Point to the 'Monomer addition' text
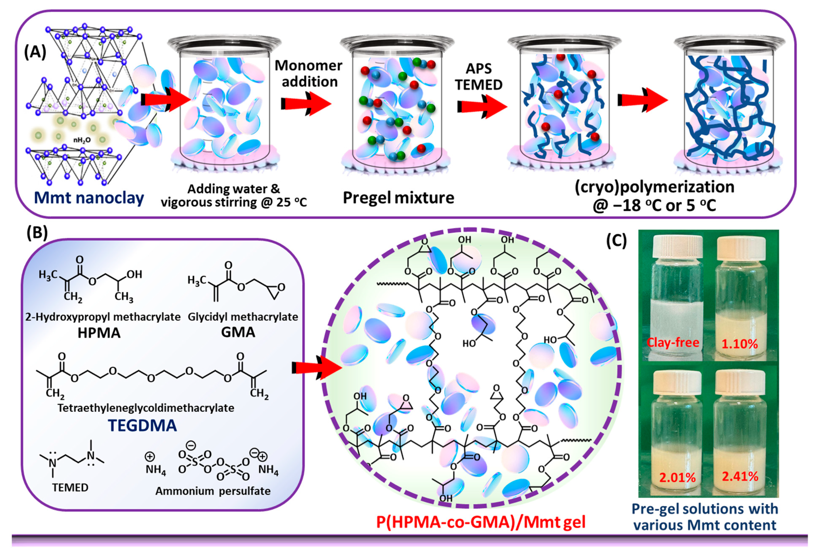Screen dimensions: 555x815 coord(308,74)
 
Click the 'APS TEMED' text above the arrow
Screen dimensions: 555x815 coord(479,77)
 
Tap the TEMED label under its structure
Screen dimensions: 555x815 coord(70,487)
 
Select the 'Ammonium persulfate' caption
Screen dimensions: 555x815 coord(213,491)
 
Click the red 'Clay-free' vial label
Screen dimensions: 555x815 coord(673,343)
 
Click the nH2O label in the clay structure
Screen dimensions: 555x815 coord(82,140)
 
